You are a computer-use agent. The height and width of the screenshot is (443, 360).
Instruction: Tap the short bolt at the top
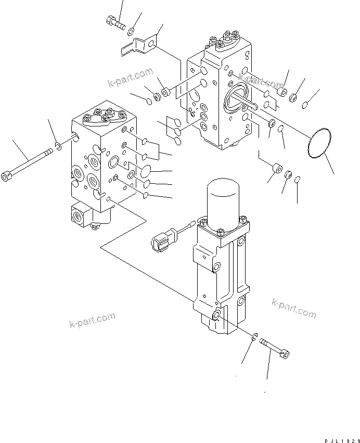click(x=115, y=22)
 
